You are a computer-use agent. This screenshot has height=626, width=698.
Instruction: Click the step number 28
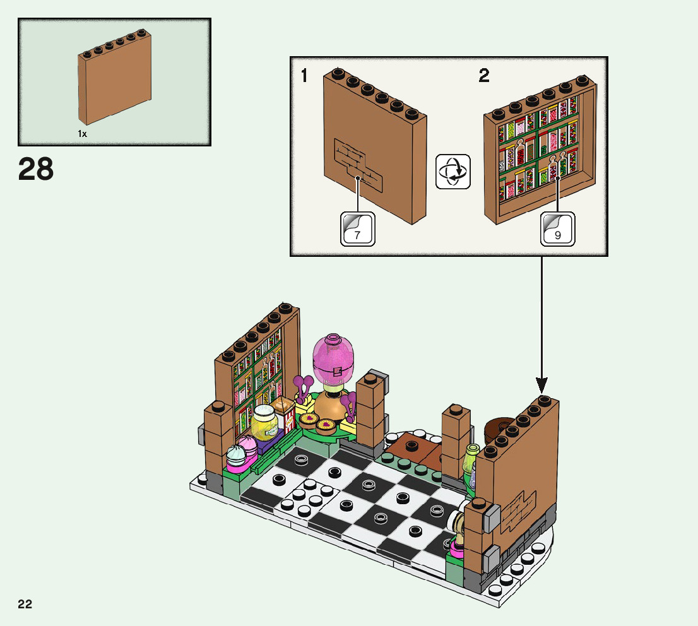(36, 169)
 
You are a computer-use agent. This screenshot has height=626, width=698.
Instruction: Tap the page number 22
(25, 604)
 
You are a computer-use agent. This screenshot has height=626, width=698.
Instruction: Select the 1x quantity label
(82, 134)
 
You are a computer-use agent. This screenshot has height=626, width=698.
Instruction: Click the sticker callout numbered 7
(357, 228)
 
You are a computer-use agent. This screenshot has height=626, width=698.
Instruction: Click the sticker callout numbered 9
(558, 228)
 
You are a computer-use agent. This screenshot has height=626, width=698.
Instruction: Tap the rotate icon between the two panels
(453, 171)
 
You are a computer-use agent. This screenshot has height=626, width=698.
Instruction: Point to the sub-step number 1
(304, 77)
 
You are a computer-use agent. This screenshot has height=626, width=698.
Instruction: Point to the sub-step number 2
(484, 77)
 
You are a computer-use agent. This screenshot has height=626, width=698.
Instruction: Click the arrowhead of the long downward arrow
(541, 384)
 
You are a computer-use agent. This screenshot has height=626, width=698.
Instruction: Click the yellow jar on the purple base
(265, 422)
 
